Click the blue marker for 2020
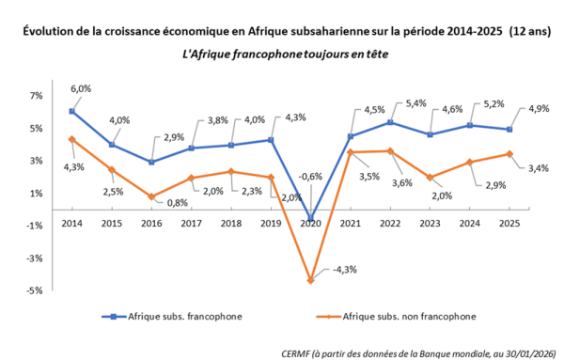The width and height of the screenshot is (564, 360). tap(309, 218)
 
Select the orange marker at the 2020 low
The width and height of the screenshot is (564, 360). tap(309, 280)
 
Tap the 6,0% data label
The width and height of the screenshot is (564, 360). tap(80, 88)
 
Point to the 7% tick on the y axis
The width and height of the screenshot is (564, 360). tap(37, 96)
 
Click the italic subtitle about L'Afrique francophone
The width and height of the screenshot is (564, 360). tap(281, 54)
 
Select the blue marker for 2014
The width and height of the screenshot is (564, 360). tap(71, 112)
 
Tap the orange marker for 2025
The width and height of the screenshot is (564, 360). tap(509, 153)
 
